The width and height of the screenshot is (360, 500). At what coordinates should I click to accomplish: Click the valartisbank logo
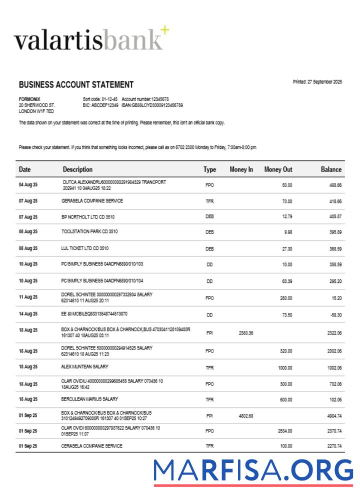(x=90, y=40)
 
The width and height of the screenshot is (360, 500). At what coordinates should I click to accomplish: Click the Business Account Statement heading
(x=76, y=85)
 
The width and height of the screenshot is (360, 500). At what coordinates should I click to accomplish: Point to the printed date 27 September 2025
(x=317, y=82)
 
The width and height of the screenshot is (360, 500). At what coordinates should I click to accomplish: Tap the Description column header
(x=77, y=169)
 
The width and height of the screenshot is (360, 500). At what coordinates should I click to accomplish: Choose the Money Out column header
(x=278, y=169)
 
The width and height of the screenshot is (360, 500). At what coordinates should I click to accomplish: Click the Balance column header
(x=331, y=169)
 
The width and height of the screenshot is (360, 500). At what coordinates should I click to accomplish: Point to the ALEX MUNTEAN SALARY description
(x=85, y=367)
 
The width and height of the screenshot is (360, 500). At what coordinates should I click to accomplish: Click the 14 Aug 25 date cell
(x=28, y=315)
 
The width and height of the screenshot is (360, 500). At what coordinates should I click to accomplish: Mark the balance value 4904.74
(x=332, y=415)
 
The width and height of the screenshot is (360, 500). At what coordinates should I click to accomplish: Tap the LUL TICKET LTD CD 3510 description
(x=85, y=248)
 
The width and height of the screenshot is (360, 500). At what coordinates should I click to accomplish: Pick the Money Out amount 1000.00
(x=284, y=367)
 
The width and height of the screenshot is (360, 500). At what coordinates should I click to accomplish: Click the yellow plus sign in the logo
(x=164, y=30)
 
